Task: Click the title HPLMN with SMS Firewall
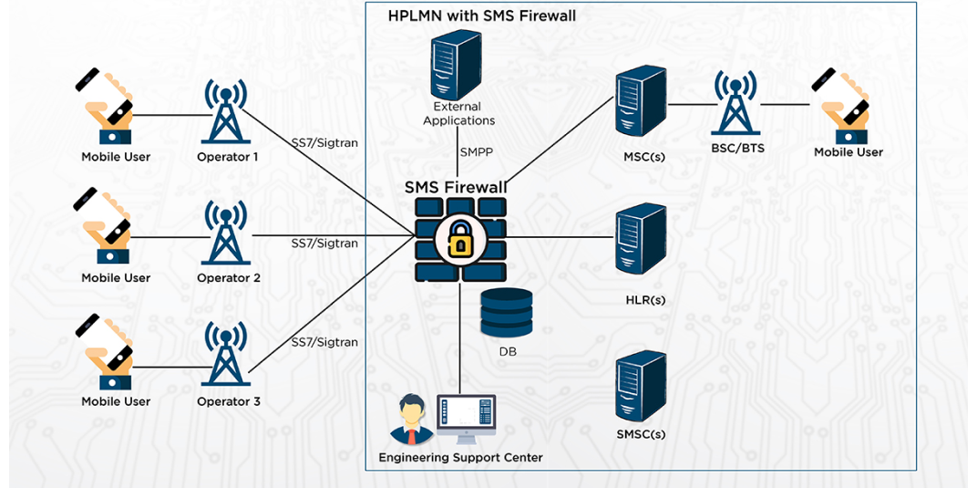481,16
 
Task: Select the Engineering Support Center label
460,457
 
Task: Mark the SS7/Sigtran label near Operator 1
324,143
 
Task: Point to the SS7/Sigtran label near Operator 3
324,342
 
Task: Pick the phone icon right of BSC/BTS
841,104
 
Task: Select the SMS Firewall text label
456,188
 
